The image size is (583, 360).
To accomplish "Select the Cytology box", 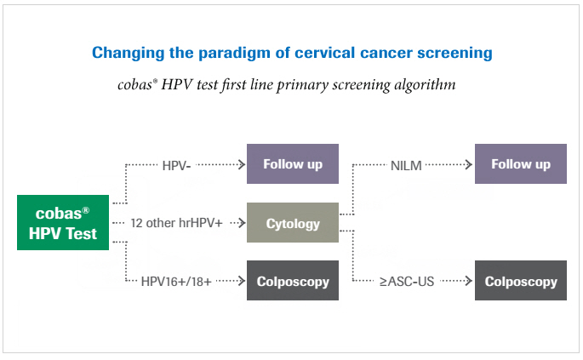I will pyautogui.click(x=292, y=224).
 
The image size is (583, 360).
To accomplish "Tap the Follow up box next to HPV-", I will pyautogui.click(x=292, y=163).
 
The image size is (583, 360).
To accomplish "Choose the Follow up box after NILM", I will pyautogui.click(x=520, y=163).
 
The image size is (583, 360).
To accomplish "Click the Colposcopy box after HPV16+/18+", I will pyautogui.click(x=292, y=281).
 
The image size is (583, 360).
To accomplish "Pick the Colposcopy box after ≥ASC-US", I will pyautogui.click(x=520, y=281).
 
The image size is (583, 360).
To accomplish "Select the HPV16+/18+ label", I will pyautogui.click(x=177, y=282).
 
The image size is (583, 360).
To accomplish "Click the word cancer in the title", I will pyautogui.click(x=380, y=53).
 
